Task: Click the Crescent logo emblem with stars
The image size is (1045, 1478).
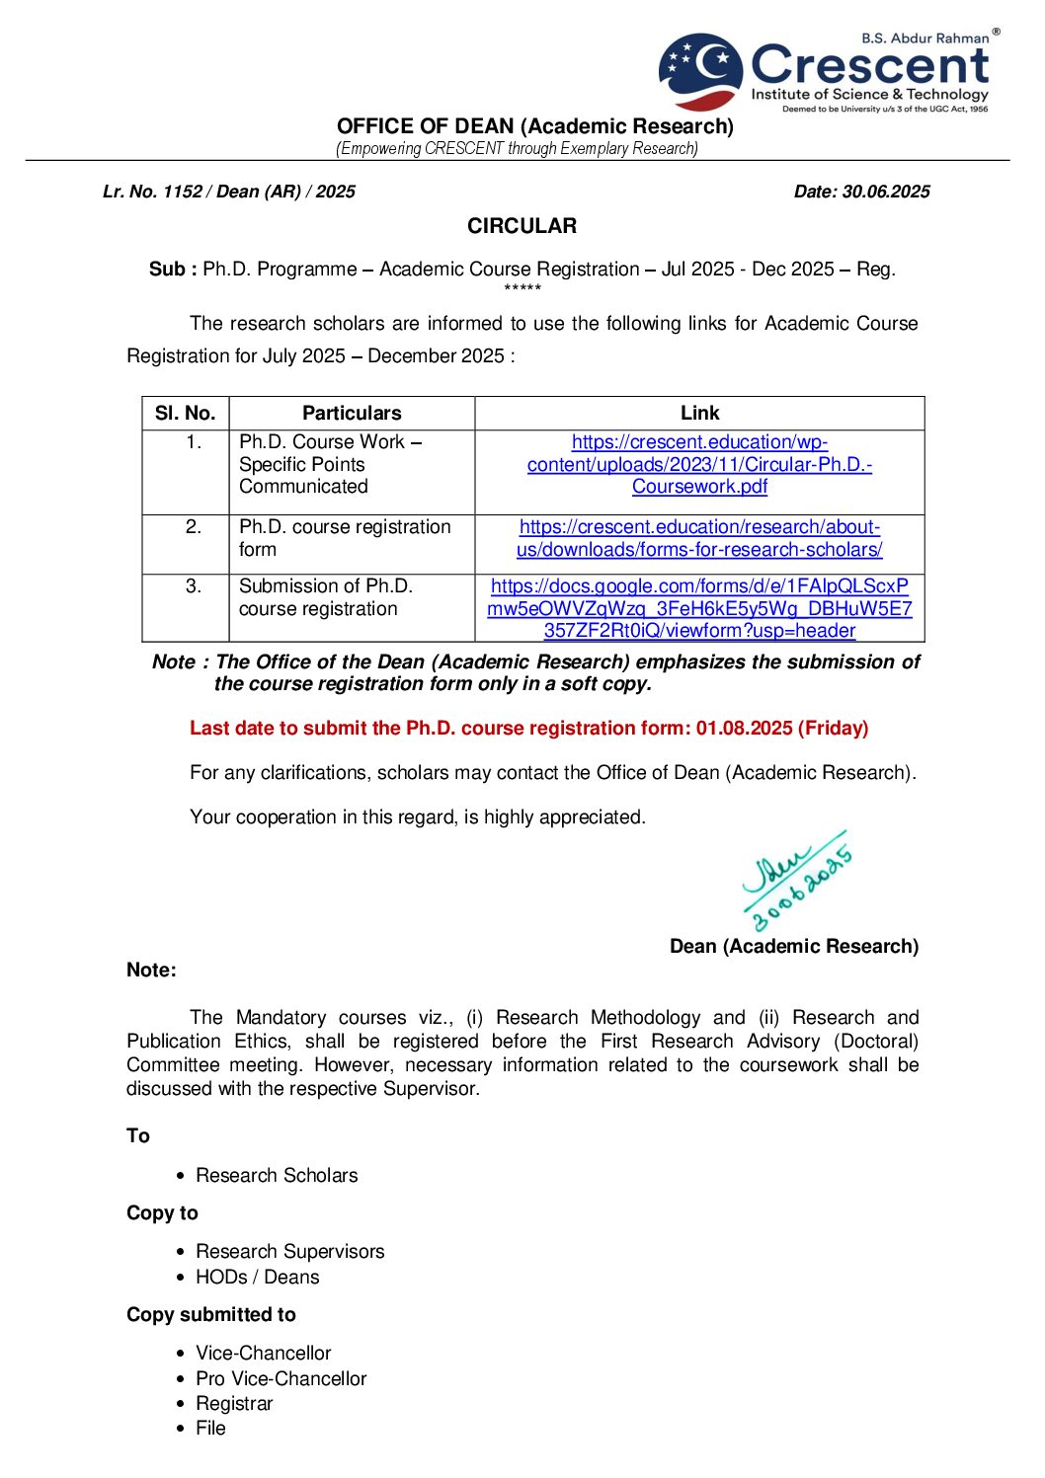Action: pyautogui.click(x=700, y=71)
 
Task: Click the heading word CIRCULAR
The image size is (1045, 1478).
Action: pyautogui.click(x=522, y=226)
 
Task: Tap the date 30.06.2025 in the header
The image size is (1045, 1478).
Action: pyautogui.click(x=885, y=192)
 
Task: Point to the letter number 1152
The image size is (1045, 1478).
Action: pyautogui.click(x=183, y=192)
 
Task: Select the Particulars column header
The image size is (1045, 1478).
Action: pyautogui.click(x=352, y=413)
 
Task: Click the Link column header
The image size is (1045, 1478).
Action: pyautogui.click(x=699, y=413)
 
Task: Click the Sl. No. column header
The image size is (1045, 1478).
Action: pyautogui.click(x=185, y=413)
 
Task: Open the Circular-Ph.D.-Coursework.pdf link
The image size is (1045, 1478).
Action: pyautogui.click(x=699, y=464)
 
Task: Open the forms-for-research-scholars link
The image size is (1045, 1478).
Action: pyautogui.click(x=699, y=538)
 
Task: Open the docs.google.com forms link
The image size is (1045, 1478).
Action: pyautogui.click(x=699, y=608)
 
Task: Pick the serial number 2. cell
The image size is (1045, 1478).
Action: pyautogui.click(x=194, y=527)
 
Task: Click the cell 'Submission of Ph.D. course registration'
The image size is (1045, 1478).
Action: pyautogui.click(x=326, y=597)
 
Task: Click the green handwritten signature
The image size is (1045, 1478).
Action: pyautogui.click(x=796, y=880)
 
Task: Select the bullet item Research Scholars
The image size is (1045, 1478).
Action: pyautogui.click(x=277, y=1175)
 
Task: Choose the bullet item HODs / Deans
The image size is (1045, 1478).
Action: pyautogui.click(x=257, y=1277)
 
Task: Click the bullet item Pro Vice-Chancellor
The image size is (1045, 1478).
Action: pyautogui.click(x=281, y=1378)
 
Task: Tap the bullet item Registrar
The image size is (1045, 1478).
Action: pyautogui.click(x=234, y=1403)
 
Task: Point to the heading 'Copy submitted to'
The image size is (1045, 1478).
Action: pyautogui.click(x=211, y=1314)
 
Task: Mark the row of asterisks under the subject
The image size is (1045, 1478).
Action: pyautogui.click(x=522, y=288)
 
